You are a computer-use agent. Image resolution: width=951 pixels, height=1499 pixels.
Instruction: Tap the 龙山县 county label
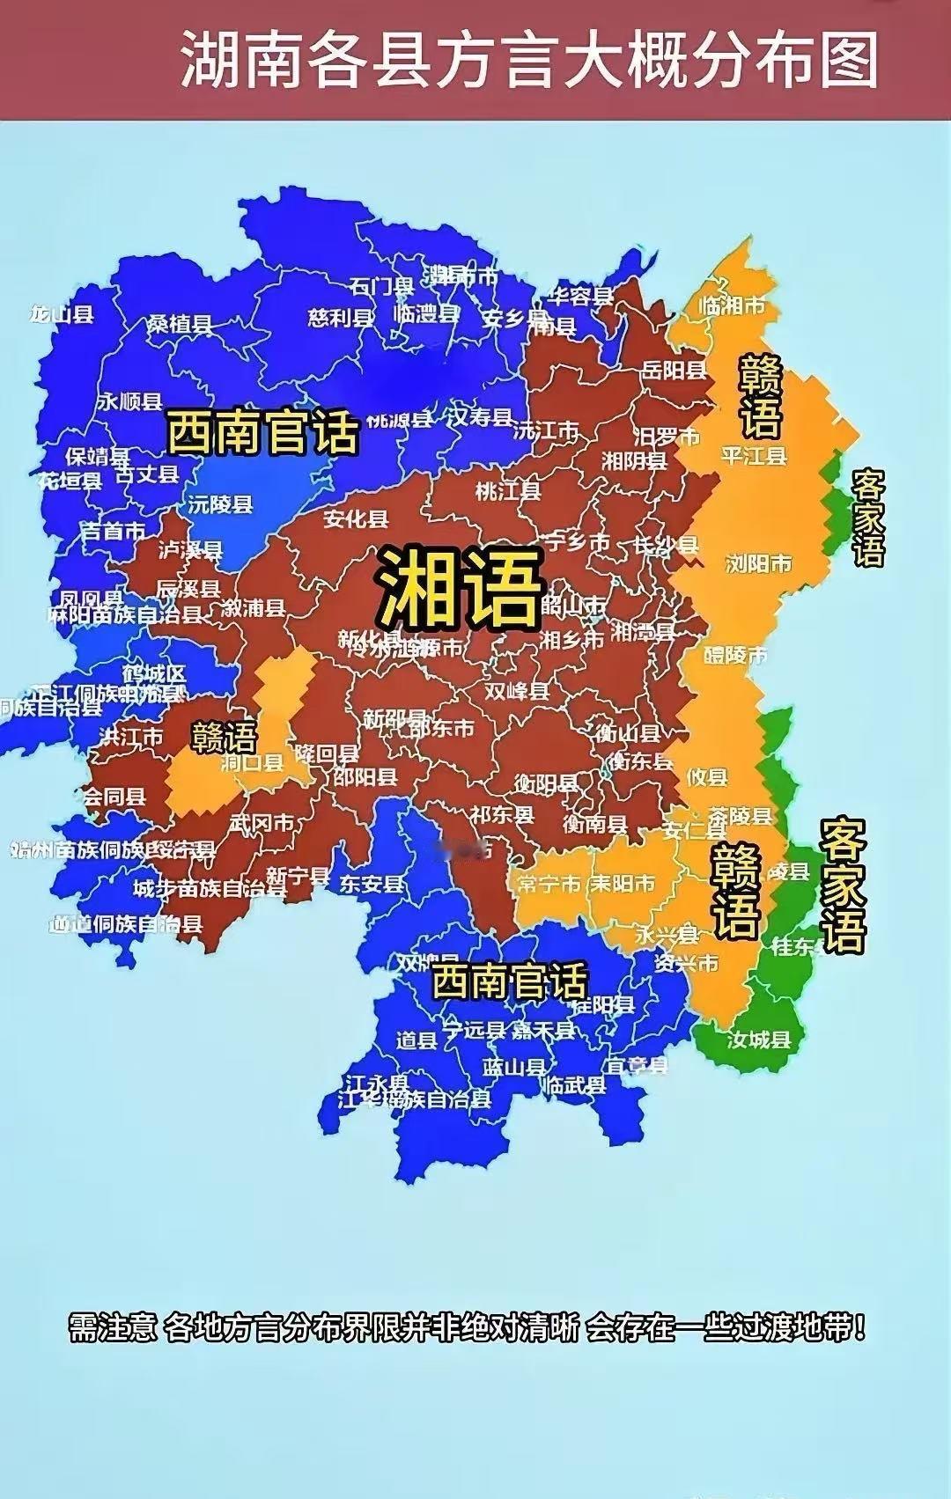[x=62, y=314]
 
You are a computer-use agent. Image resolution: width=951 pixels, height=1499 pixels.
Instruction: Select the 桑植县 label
[x=180, y=323]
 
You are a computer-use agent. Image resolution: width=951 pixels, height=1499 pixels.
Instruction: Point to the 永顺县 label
[x=129, y=401]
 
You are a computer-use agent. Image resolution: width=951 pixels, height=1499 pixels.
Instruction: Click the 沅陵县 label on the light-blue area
[x=220, y=504]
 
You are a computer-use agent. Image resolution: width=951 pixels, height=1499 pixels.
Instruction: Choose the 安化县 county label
[x=356, y=518]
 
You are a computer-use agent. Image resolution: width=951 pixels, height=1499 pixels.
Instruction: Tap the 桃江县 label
[x=508, y=490]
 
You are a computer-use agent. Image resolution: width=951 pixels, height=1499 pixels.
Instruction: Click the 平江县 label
[x=754, y=456]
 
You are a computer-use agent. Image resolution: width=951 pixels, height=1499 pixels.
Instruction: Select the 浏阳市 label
[x=758, y=563]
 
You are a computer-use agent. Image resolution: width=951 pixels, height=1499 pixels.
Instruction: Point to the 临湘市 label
[x=732, y=306]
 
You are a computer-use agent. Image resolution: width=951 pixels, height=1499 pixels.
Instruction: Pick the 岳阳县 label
[x=675, y=370]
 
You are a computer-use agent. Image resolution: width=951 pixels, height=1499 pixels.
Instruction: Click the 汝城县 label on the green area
[x=759, y=1040]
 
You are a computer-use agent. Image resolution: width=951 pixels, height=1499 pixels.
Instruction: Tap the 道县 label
[x=417, y=1040]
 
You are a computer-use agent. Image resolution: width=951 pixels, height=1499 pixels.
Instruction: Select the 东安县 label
[x=372, y=884]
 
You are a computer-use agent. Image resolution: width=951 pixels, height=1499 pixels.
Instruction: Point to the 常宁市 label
[x=549, y=883]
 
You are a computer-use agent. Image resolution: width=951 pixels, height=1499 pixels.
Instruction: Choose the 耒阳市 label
[x=623, y=883]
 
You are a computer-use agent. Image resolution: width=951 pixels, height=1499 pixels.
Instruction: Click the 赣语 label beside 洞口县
[x=225, y=737]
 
